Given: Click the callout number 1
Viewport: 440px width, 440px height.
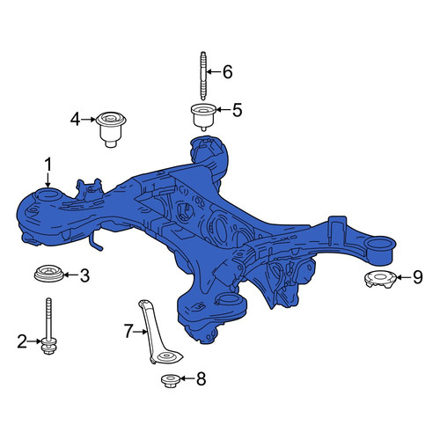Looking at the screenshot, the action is point(48,165).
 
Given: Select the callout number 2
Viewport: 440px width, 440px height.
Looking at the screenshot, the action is point(22,341).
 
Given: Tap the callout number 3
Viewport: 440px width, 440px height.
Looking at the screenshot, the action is point(84,275).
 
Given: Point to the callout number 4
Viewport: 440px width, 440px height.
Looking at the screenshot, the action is point(75,120).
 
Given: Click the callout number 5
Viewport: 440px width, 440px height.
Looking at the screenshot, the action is point(237,110).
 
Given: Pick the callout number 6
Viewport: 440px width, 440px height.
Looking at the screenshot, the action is point(228,72).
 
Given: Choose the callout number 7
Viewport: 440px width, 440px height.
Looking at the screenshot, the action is point(128,331).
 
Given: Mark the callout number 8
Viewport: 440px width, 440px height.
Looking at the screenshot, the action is point(202,378).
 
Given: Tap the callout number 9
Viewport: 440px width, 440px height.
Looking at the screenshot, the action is point(418,277).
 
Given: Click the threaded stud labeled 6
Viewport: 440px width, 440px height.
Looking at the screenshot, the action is point(203,76).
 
